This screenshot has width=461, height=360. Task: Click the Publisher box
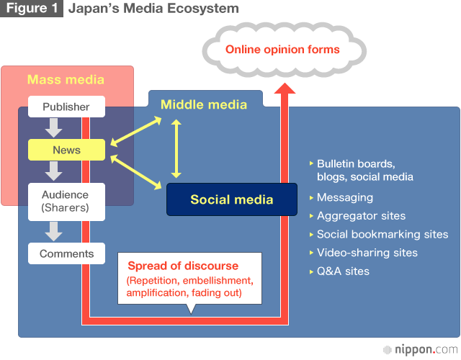pos(66,107)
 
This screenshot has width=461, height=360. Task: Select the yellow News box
pos(66,150)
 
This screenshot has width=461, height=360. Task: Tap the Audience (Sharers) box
pos(66,201)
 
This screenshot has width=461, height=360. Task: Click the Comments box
pos(66,253)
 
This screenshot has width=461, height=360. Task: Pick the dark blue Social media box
pos(231,199)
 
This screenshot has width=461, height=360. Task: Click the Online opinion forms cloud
pos(282,50)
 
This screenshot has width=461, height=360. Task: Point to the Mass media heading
pos(66,80)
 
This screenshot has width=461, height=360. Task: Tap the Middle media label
pos(203,104)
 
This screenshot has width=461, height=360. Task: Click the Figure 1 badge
pos(31,9)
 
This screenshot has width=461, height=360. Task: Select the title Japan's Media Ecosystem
pos(153,9)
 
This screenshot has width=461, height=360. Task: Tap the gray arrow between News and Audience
pos(53,171)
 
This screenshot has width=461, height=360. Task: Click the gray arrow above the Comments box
pos(53,231)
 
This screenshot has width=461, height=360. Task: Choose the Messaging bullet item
pos(344,197)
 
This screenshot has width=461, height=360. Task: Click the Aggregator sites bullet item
pos(361,216)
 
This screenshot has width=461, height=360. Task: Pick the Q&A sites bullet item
pos(343,271)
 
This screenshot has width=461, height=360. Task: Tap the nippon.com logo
pos(420,349)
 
